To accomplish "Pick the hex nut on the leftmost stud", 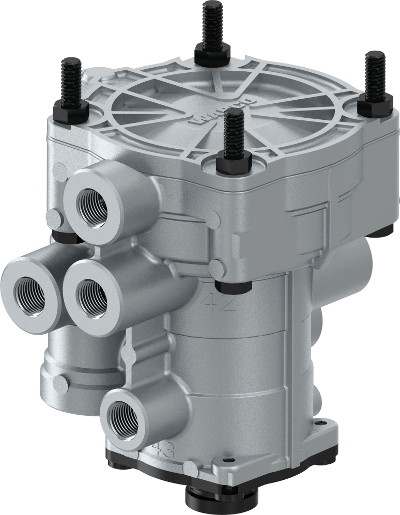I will pyautogui.click(x=70, y=111).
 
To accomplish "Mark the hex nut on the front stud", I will pyautogui.click(x=234, y=165).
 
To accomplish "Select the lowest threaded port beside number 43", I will pyautogui.click(x=122, y=417).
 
